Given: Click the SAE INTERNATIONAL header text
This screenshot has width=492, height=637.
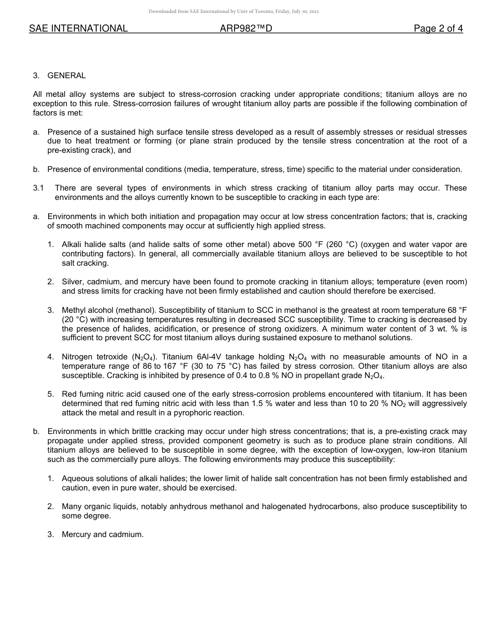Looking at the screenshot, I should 78,29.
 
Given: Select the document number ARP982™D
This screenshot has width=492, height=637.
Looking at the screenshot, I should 246,29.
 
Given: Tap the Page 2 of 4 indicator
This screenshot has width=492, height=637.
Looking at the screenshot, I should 438,29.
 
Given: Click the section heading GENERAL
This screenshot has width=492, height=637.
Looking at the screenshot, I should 66,76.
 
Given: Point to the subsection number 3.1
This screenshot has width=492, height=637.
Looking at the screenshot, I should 38,189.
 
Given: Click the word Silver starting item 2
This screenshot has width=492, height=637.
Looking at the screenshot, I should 73,282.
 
